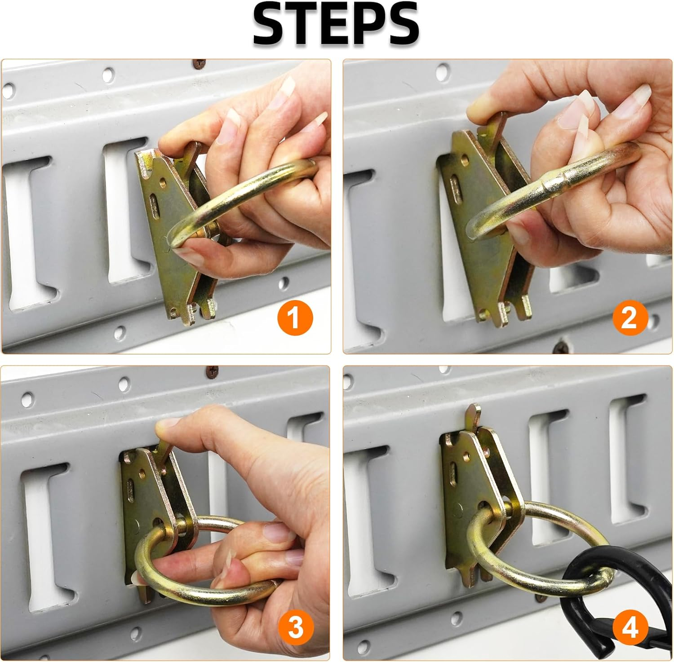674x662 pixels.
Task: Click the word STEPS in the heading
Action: click(x=336, y=25)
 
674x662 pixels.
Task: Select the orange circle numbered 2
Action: click(x=629, y=318)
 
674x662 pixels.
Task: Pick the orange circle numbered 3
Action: click(x=295, y=627)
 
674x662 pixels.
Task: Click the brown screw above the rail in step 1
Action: click(x=198, y=64)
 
